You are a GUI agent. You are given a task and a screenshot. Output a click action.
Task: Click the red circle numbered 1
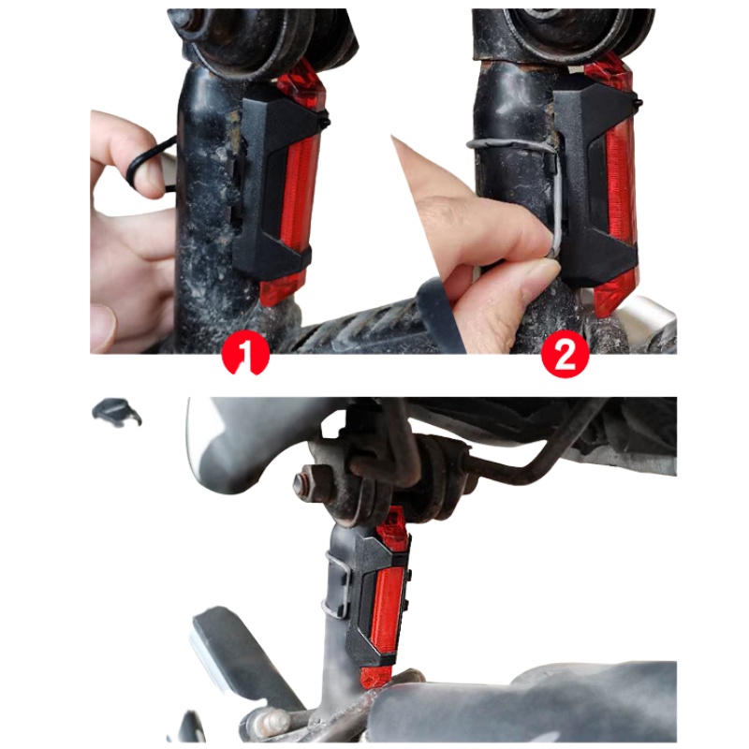coord(246,354)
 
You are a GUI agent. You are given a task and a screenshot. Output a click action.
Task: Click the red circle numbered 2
coord(565,354)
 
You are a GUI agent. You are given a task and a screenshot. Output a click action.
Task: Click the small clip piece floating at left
coord(117,411)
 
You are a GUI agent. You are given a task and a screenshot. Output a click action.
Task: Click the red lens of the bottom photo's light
coord(387,610)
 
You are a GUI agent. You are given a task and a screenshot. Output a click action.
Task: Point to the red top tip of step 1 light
coord(301,88)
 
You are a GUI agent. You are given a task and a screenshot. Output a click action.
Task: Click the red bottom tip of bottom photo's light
coord(376,676)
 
